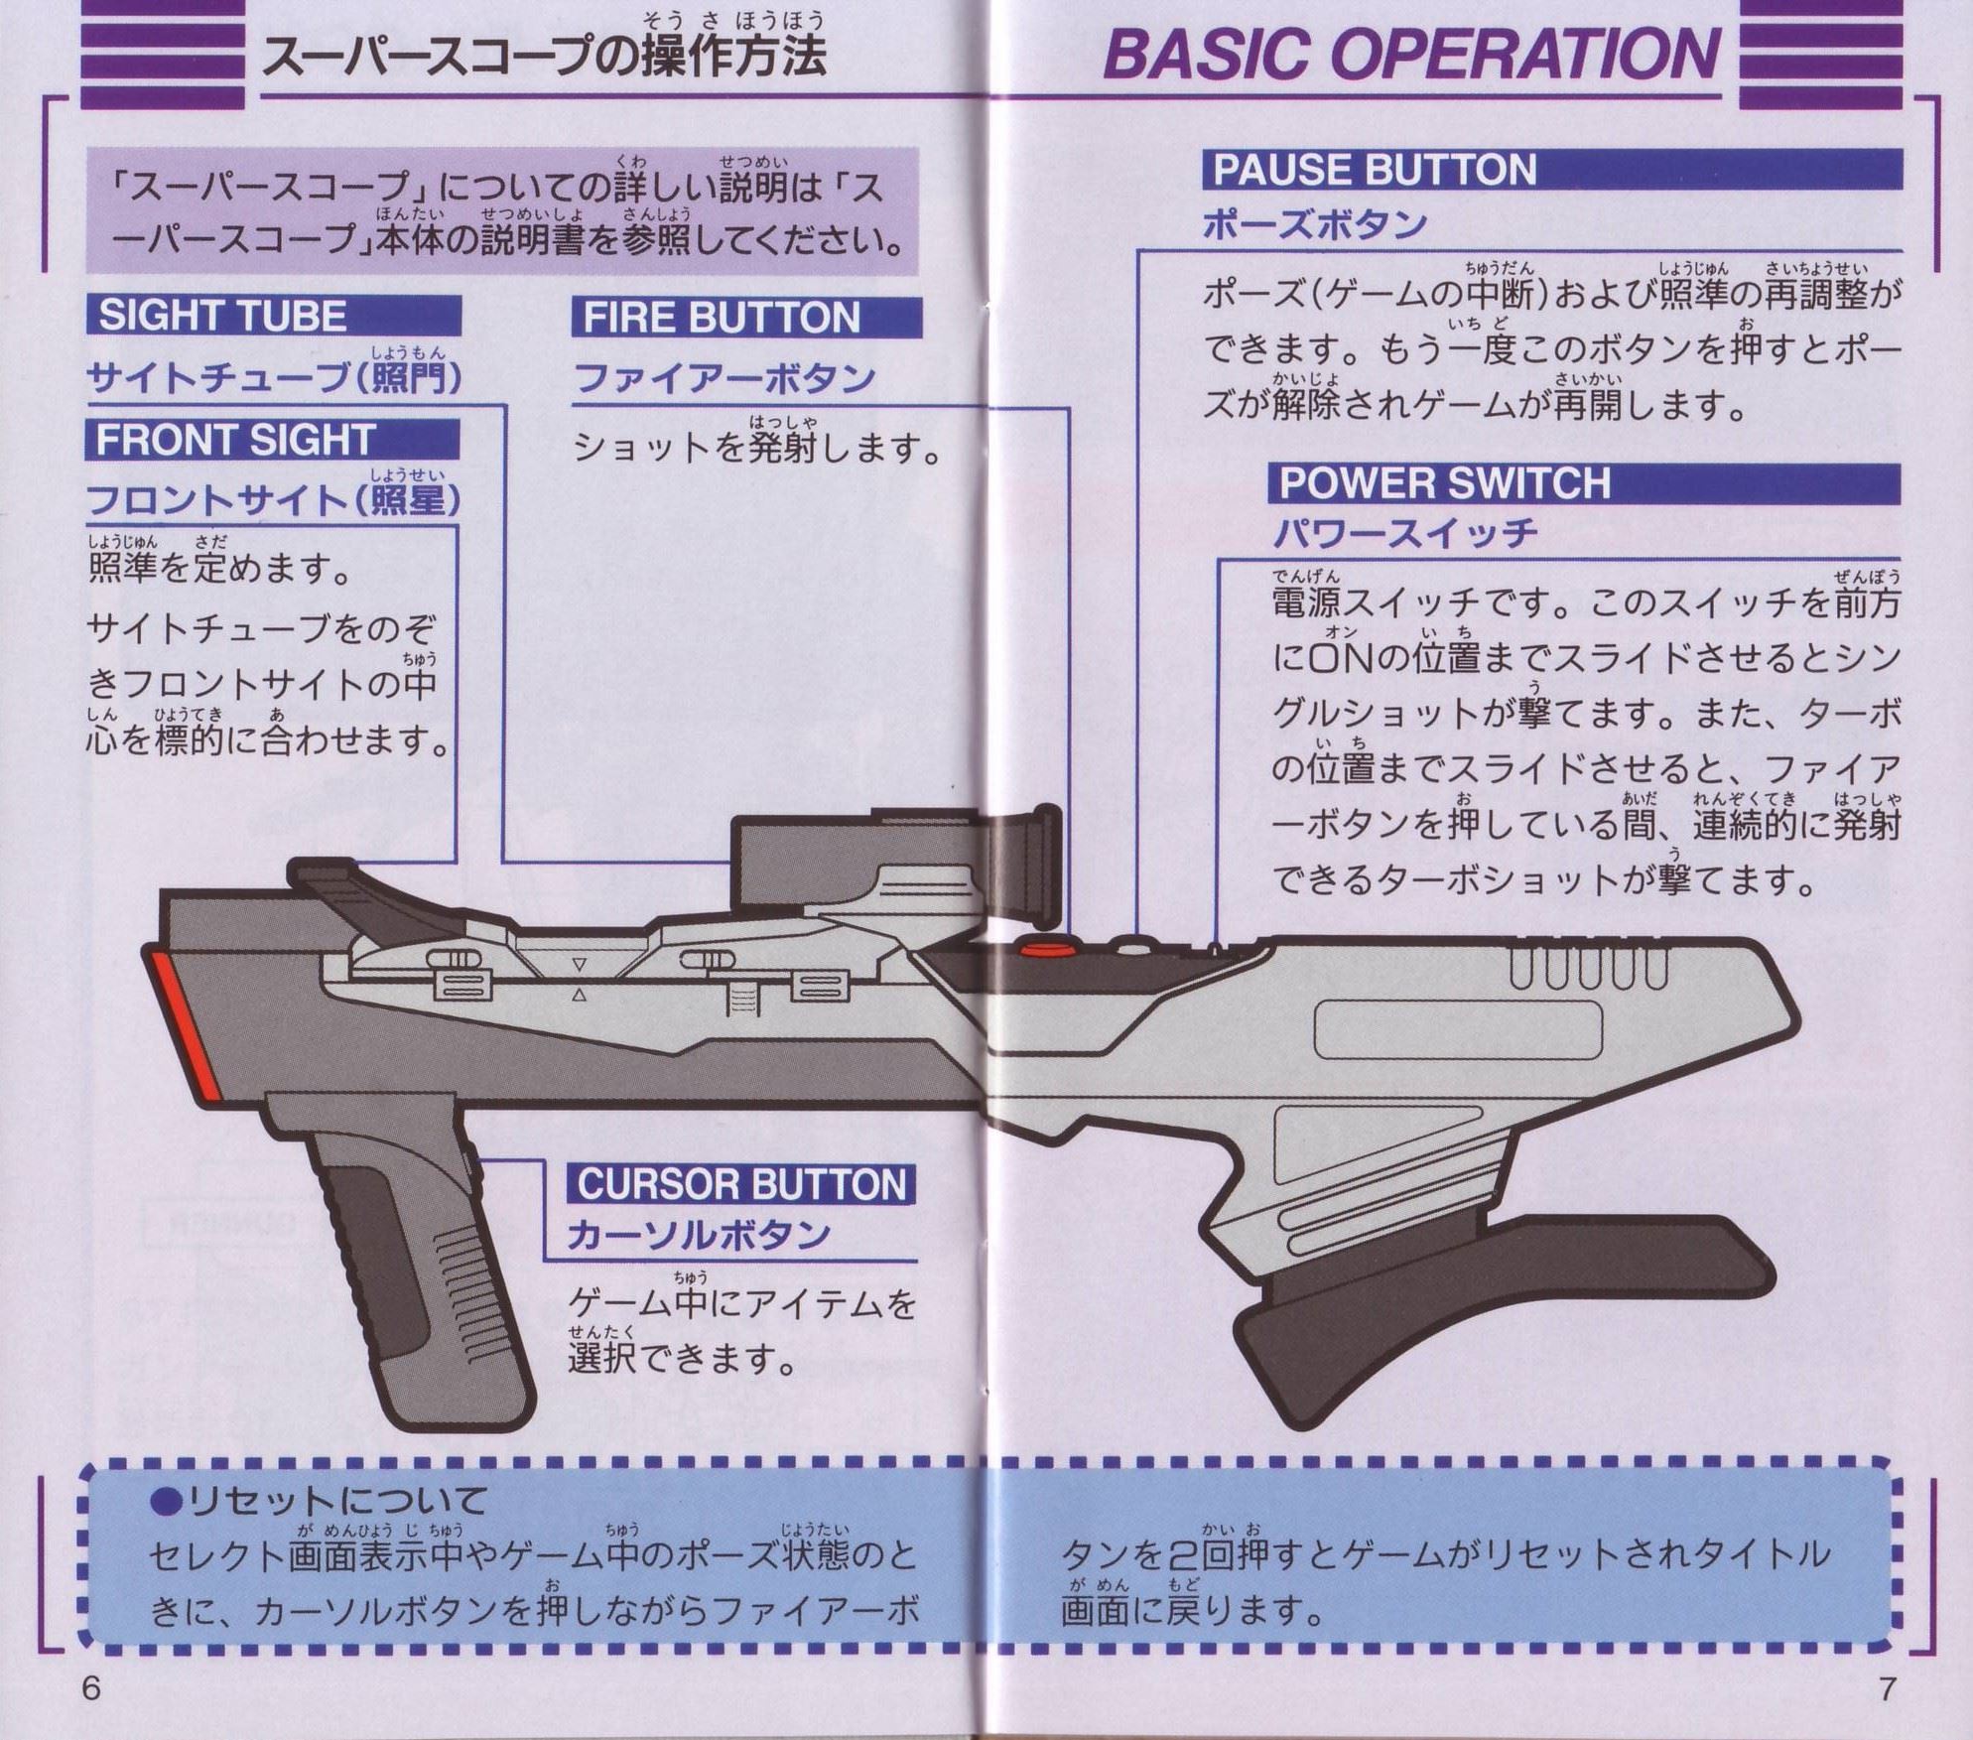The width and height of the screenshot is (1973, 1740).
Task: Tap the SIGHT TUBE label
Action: [x=222, y=316]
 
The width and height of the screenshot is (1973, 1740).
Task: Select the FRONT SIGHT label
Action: [x=234, y=440]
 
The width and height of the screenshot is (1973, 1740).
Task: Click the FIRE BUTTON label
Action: [x=721, y=318]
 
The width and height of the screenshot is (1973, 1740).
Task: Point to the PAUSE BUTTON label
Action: [x=1375, y=170]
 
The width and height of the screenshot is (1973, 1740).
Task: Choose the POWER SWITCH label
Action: [x=1445, y=483]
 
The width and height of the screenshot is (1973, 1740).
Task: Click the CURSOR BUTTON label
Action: [x=741, y=1184]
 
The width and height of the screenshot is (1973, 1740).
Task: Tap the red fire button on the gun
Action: [x=1043, y=949]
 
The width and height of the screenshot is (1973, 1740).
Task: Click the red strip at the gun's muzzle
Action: [x=186, y=1026]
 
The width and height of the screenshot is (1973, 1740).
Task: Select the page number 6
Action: [x=91, y=1687]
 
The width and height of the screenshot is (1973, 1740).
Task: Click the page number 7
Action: [x=1887, y=1687]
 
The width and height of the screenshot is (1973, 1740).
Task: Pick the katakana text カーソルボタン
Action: [x=699, y=1235]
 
